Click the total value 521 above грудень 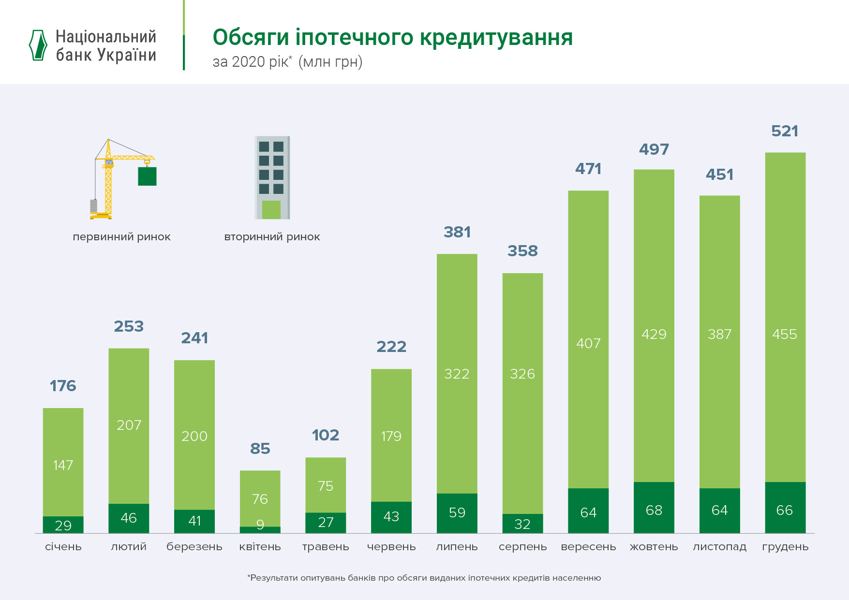coord(785,131)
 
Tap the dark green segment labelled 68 coord(654,508)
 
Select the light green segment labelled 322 coord(457,373)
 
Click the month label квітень coord(260,547)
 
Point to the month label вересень coord(588,547)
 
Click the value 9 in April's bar coord(260,525)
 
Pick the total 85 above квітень coord(260,449)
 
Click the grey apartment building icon coord(272,177)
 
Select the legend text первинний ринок coord(121,237)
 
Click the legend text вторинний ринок coord(272,237)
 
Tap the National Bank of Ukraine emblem coord(38,45)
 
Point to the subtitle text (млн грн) coord(330,62)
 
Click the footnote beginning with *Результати coord(424,578)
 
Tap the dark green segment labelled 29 coord(63,525)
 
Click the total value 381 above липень coord(457,232)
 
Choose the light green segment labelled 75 coord(326,485)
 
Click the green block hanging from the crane coord(147,176)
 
